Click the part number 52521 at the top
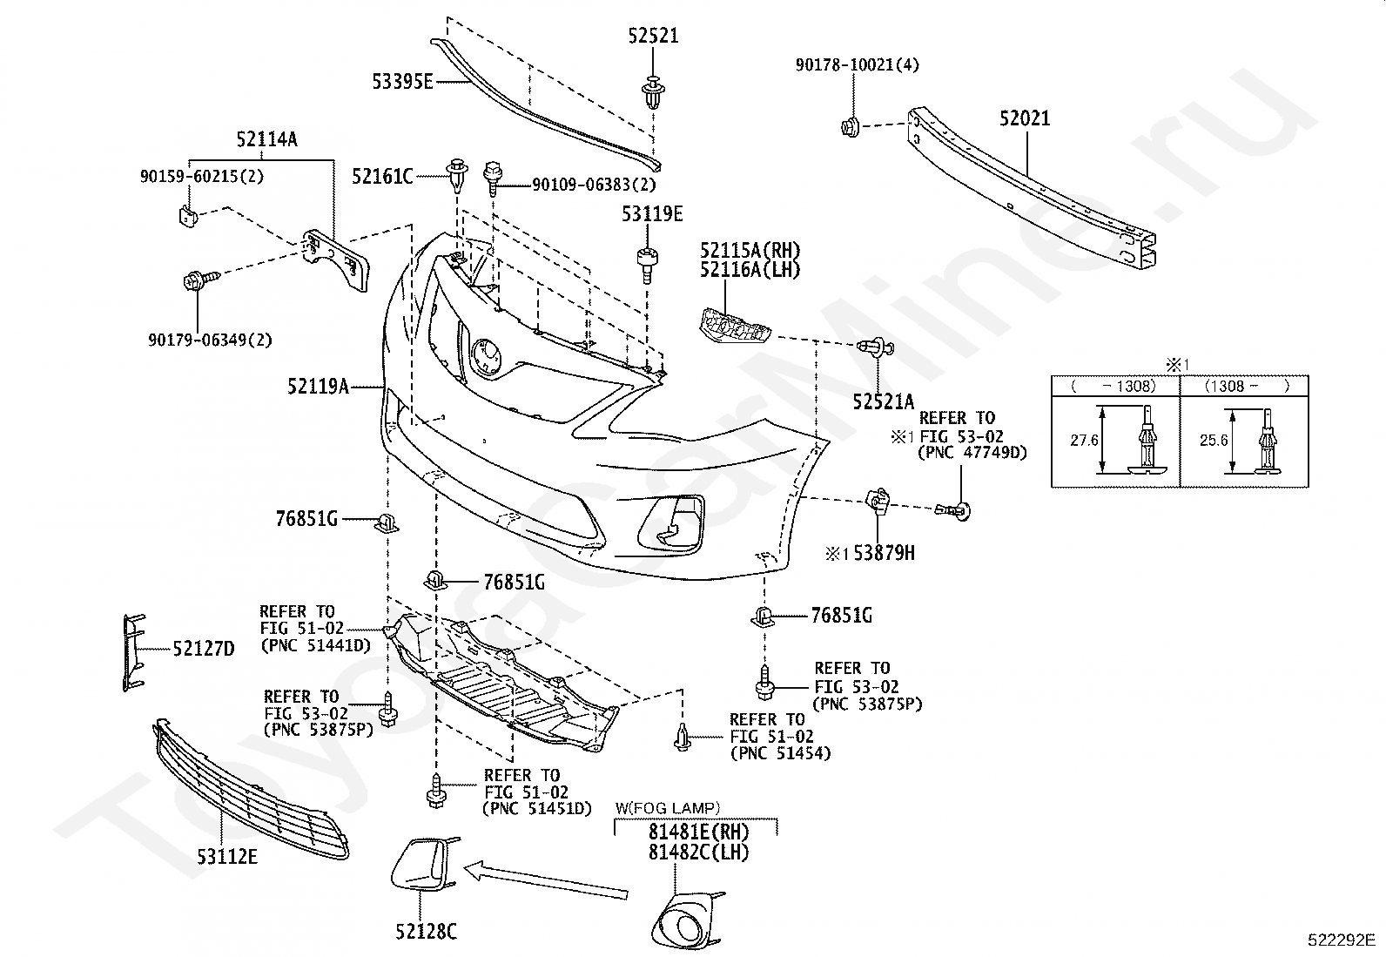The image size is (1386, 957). (654, 36)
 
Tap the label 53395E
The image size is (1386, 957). (403, 82)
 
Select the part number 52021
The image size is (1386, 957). (1026, 118)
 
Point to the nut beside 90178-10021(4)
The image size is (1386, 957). (851, 127)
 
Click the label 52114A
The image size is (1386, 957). (266, 139)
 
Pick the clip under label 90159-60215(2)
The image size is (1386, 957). (188, 217)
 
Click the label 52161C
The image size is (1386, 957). (382, 177)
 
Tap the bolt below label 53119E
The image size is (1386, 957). (647, 265)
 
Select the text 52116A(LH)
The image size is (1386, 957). (750, 270)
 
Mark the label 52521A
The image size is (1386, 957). (884, 401)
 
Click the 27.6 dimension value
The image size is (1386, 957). (1084, 440)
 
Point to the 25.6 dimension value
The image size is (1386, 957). (1214, 440)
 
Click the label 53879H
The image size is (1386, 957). (884, 553)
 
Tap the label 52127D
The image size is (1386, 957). (204, 649)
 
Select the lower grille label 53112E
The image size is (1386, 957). (227, 857)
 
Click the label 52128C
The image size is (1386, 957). (427, 931)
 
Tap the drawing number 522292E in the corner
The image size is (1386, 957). (1342, 940)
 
